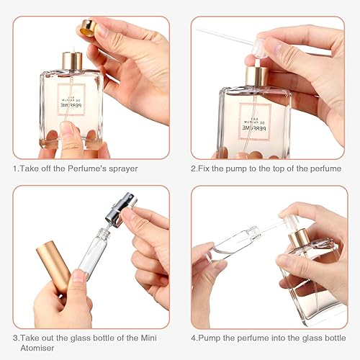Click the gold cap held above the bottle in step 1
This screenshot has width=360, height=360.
pos(86,29)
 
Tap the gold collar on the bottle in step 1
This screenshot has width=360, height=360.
pos(71,60)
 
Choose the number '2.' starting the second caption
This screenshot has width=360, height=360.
pos(194,168)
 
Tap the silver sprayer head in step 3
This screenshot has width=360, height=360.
pos(117,214)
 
